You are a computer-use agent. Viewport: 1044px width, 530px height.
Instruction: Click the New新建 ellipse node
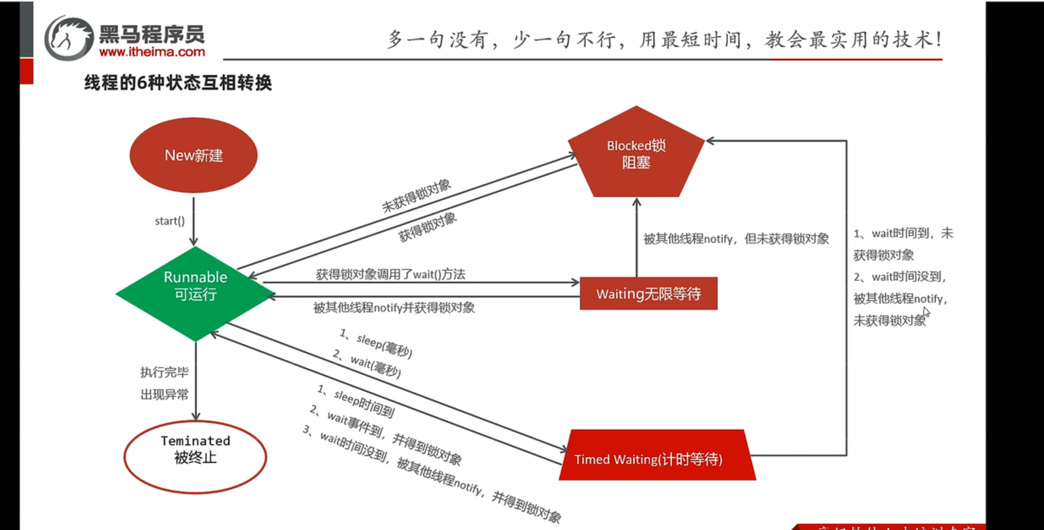coord(193,155)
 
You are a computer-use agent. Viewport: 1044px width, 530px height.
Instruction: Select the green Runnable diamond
coord(195,293)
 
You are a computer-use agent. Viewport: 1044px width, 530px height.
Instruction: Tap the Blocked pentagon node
coord(636,154)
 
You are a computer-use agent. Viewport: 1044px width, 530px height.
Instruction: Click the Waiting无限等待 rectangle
coord(648,294)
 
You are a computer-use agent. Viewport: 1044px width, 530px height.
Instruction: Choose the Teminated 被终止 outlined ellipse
coord(195,456)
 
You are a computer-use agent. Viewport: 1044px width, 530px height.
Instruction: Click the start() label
coord(170,221)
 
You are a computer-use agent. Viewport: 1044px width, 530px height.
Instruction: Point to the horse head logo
coord(69,38)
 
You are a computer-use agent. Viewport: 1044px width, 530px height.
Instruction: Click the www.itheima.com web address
coord(152,52)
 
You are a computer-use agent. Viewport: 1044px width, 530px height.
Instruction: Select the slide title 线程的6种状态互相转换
coord(178,83)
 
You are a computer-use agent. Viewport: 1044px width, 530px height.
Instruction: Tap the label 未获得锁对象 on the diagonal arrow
coord(416,196)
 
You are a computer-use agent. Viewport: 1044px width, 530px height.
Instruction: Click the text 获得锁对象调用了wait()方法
coord(390,274)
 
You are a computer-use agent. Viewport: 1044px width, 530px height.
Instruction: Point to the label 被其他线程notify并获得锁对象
coord(393,308)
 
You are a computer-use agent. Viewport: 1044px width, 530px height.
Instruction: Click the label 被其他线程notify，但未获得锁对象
coord(736,239)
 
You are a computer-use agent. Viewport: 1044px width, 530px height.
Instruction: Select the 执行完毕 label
coord(164,372)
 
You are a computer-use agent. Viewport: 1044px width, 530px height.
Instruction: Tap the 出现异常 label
coord(164,395)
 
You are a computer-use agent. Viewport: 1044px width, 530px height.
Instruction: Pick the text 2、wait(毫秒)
coord(367,363)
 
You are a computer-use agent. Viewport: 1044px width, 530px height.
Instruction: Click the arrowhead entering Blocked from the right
coord(710,141)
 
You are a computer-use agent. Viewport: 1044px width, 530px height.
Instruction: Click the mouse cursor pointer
coord(926,312)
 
